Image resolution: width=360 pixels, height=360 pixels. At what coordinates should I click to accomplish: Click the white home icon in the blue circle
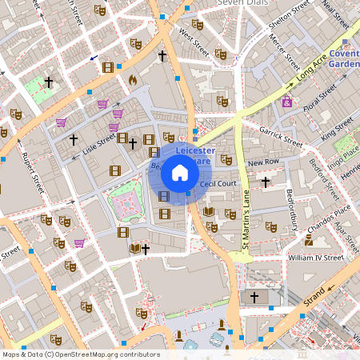click(x=180, y=172)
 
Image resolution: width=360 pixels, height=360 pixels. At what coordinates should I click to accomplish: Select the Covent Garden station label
click(x=343, y=58)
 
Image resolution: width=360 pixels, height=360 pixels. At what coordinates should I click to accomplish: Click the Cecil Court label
click(x=218, y=184)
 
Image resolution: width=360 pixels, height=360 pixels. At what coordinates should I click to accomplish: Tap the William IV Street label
click(x=316, y=258)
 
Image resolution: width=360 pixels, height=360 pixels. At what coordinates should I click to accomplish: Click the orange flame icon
click(x=133, y=80)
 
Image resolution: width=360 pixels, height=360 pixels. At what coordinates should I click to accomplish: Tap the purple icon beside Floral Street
click(x=286, y=102)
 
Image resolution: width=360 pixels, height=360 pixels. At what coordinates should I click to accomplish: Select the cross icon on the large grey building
click(x=255, y=298)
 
